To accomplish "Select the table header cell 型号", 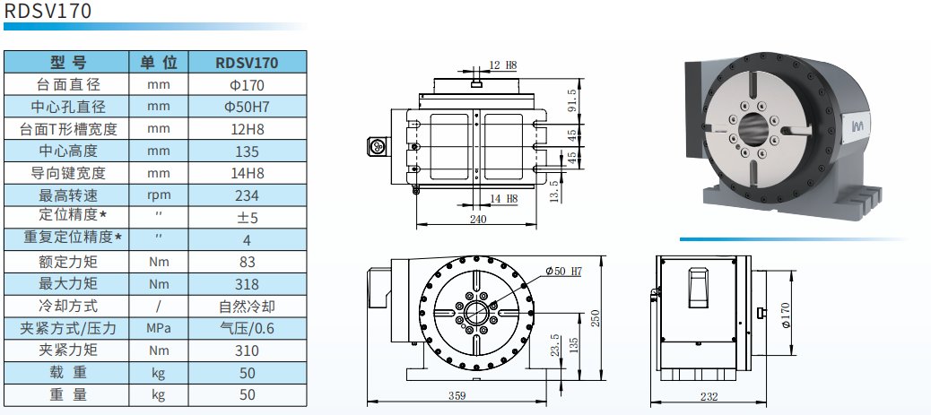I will point(67,63).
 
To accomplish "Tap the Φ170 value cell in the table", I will point(248,85).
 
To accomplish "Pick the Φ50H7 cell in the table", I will point(248,108).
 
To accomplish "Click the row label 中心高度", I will point(68,151).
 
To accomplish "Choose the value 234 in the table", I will point(248,195).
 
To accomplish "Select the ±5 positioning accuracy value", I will point(248,218).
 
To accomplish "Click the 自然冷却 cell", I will point(248,306).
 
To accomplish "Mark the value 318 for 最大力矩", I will point(248,284).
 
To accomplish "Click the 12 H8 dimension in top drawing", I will point(503,65).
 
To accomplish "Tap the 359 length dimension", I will point(458,394).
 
